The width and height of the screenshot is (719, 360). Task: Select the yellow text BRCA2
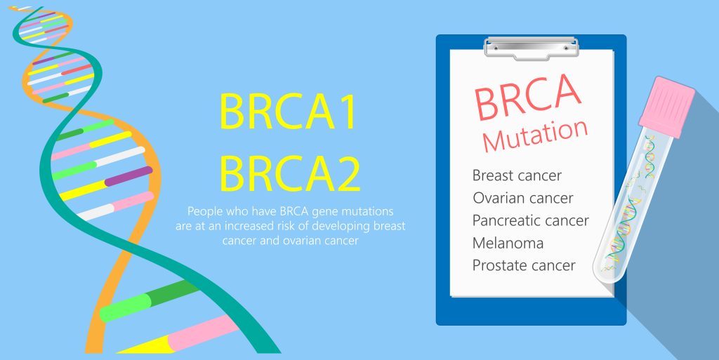tap(289, 174)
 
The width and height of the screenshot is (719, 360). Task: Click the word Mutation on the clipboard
tap(535, 135)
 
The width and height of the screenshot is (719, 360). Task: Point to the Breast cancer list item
tap(517, 175)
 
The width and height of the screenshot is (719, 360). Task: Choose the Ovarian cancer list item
tap(522, 198)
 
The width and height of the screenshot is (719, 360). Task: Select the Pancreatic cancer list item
tap(530, 220)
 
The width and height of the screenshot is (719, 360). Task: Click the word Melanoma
tap(508, 243)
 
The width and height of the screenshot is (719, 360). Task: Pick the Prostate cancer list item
tap(524, 265)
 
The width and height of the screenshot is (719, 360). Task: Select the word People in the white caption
tap(204, 211)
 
